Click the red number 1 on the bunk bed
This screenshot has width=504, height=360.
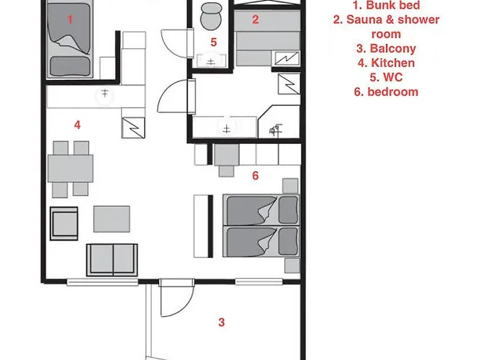[x=70, y=20]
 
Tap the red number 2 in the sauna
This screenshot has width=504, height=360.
[x=255, y=20]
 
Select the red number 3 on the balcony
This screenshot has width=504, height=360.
[x=222, y=323]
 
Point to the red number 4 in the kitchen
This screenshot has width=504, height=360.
[x=77, y=125]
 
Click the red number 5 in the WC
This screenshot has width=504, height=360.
[x=214, y=42]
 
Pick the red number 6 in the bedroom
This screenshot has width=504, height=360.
[x=255, y=176]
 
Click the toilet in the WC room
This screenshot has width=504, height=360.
[x=211, y=16]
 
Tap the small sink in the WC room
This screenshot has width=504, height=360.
[x=211, y=60]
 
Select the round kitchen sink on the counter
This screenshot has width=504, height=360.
[x=105, y=95]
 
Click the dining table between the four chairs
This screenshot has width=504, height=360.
[x=71, y=168]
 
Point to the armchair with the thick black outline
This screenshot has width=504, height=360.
[x=64, y=223]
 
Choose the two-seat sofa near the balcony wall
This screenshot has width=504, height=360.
[x=112, y=260]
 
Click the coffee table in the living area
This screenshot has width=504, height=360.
[x=112, y=219]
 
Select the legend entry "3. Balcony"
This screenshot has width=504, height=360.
[x=386, y=48]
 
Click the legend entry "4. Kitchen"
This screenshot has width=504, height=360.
[x=386, y=63]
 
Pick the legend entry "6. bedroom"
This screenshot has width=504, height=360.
[x=386, y=91]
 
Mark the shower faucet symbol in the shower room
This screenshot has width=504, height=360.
[x=276, y=130]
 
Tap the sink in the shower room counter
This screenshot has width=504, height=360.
[x=227, y=127]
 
